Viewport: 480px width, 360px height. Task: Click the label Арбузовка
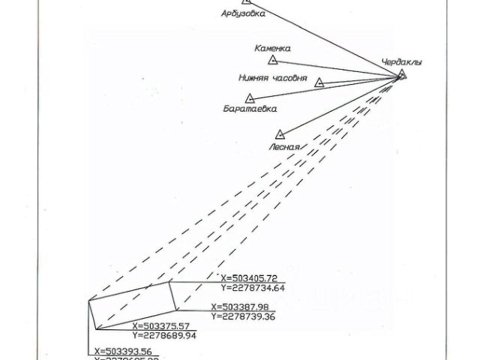click(x=243, y=13)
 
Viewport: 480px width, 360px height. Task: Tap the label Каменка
click(x=272, y=47)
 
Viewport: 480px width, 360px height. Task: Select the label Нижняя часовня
click(x=272, y=77)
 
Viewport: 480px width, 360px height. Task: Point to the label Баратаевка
click(x=250, y=109)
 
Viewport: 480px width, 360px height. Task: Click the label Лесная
click(x=284, y=147)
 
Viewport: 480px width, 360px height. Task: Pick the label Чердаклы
click(x=401, y=62)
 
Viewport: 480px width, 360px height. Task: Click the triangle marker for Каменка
click(x=273, y=59)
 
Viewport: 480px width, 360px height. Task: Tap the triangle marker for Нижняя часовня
click(x=319, y=82)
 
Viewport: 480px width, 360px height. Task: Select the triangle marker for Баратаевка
click(x=250, y=97)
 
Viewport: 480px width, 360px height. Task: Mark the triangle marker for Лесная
click(x=280, y=134)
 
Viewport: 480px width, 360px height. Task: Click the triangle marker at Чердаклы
click(x=402, y=74)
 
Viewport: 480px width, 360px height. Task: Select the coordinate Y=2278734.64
click(x=253, y=287)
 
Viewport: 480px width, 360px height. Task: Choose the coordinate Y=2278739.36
click(x=245, y=316)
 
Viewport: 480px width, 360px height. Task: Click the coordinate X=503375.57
click(x=165, y=326)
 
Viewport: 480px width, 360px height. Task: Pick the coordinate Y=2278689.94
click(x=166, y=336)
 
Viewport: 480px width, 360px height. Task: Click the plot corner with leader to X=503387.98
click(x=177, y=310)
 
